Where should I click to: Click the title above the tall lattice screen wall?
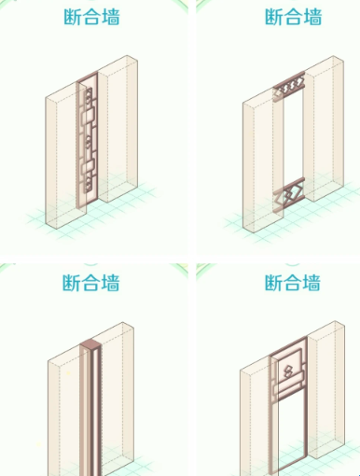[x=91, y=17]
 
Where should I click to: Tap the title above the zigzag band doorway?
[x=293, y=17]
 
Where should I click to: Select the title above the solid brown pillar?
[x=91, y=283]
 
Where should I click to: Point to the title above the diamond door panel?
[x=293, y=283]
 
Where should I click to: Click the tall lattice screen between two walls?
[x=87, y=140]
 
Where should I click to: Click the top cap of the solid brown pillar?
[x=90, y=344]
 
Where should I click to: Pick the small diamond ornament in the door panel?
[x=288, y=371]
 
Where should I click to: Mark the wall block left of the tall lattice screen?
[x=65, y=156]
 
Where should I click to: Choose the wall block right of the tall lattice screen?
[x=118, y=128]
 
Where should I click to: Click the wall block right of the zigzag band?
[x=324, y=128]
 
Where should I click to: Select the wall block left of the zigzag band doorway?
[x=263, y=161]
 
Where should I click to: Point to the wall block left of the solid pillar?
[x=66, y=413]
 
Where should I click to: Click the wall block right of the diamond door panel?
[x=325, y=390]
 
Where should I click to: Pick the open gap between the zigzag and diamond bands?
[x=293, y=138]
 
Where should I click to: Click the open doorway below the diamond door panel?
[x=291, y=436]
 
